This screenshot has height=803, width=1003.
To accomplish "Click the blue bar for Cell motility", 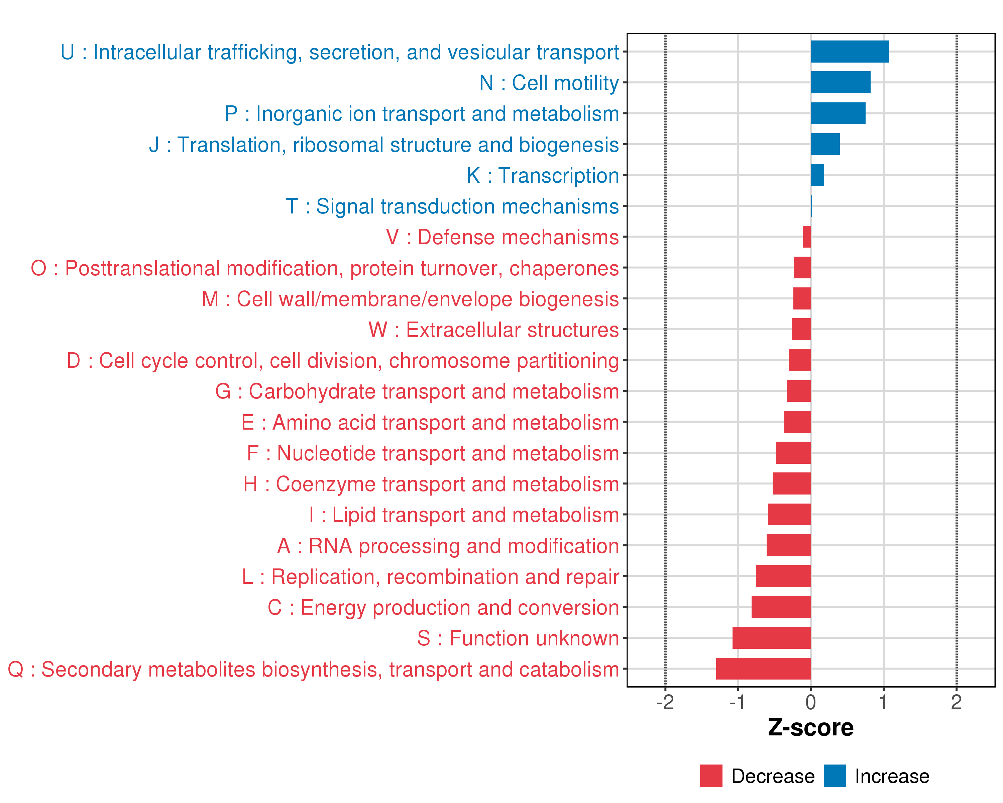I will coord(840,82).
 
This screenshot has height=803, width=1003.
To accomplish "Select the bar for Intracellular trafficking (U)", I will coord(850,52).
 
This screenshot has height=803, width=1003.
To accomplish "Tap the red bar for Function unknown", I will coord(771,638).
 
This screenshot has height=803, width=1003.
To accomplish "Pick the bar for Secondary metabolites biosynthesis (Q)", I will coord(763,668).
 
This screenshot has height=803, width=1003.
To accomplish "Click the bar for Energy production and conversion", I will coord(781,607).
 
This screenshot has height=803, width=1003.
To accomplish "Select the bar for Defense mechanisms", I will coord(807,237).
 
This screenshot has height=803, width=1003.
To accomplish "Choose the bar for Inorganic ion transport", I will coord(838,113).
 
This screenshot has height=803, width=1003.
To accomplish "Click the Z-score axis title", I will coord(810,728).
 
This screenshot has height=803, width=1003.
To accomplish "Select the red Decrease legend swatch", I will coord(711,776).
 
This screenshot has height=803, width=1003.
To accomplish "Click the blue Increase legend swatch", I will coord(834,776).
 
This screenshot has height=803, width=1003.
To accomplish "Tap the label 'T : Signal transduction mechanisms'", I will coord(452,206).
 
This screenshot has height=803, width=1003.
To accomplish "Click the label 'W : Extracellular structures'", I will coord(493,330).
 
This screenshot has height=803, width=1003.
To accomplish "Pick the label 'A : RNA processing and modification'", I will coord(448,546).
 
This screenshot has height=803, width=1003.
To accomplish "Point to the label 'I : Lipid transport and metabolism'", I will coord(464,515).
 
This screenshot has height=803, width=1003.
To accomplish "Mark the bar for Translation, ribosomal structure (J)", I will coord(825,144).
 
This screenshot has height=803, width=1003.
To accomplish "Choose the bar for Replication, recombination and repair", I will coord(783,576).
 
